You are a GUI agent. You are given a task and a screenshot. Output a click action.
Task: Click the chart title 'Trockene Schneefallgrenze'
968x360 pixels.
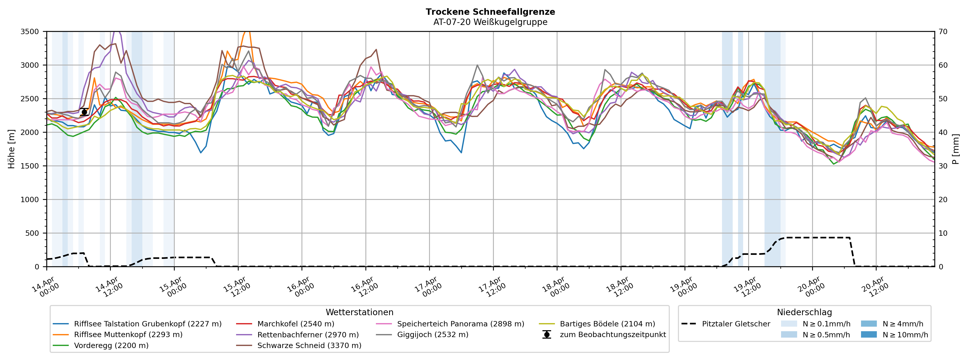click(x=490, y=12)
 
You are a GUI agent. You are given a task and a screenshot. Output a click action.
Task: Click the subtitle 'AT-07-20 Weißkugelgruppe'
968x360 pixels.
click(x=490, y=22)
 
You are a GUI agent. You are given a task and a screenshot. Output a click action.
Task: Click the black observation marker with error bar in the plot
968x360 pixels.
click(x=84, y=112)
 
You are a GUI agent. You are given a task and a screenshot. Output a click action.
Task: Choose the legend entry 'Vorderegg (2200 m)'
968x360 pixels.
click(x=111, y=345)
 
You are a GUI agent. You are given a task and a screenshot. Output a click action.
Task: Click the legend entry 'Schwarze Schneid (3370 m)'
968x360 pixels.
click(x=309, y=345)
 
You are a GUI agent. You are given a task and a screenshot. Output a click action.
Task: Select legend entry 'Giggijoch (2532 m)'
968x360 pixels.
click(x=432, y=335)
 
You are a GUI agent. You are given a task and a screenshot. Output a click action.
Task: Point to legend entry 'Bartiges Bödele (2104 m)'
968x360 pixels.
click(x=607, y=324)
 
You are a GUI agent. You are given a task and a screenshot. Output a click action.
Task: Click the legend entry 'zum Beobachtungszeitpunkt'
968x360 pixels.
click(x=612, y=335)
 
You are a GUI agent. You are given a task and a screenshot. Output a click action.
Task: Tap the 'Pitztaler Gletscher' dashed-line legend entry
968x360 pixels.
click(x=736, y=324)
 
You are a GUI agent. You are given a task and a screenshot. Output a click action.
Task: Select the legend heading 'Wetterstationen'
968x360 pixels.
click(x=359, y=312)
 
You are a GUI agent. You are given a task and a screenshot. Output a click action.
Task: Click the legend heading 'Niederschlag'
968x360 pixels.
click(x=804, y=312)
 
